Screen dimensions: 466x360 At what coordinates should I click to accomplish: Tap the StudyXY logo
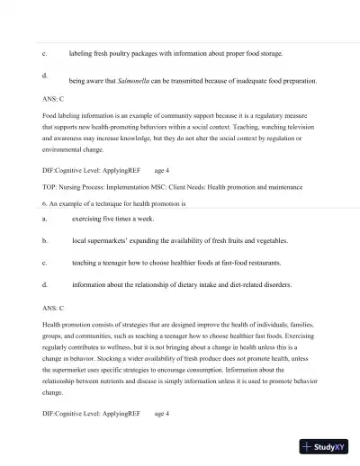327,446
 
